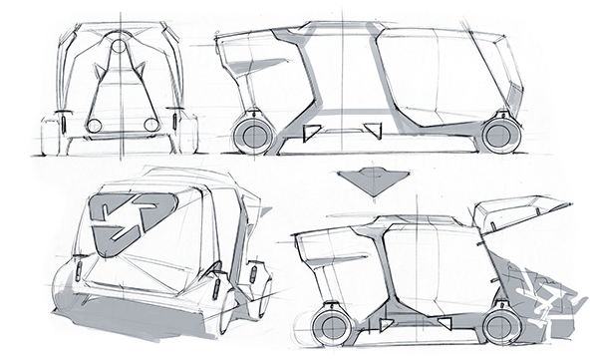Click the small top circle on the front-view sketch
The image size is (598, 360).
click(x=119, y=46)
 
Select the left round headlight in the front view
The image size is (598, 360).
click(x=94, y=126)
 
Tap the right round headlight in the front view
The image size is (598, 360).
click(x=150, y=125)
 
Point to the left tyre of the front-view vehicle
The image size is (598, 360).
click(x=52, y=135)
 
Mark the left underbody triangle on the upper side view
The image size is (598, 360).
click(x=310, y=133)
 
